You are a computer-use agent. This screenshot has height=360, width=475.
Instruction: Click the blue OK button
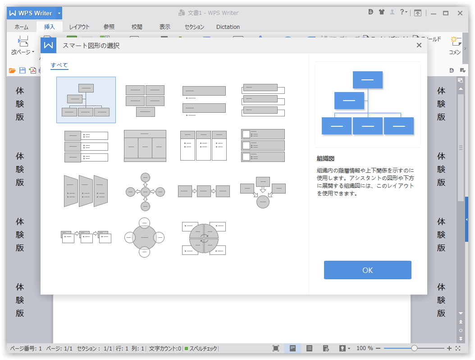tap(367, 270)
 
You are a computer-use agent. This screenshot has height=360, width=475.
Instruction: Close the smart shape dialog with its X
tap(419, 45)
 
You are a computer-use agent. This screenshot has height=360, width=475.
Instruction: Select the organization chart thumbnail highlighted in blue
tap(86, 100)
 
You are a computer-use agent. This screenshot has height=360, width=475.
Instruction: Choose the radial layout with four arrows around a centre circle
tap(145, 192)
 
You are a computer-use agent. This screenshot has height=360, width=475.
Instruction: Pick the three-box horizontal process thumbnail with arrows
tap(204, 191)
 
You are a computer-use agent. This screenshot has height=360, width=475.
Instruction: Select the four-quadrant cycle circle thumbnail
tap(204, 238)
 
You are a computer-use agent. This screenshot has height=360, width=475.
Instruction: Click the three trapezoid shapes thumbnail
tap(86, 191)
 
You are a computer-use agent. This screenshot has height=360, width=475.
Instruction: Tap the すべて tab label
tap(59, 65)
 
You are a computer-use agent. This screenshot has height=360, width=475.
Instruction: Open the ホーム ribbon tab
tap(21, 27)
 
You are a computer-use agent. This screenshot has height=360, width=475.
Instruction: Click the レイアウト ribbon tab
tap(79, 27)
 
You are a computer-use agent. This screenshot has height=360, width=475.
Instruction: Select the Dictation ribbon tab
tap(228, 27)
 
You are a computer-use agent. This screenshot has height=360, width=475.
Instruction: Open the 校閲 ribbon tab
tap(137, 27)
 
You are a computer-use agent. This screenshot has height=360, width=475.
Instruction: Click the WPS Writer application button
tap(31, 13)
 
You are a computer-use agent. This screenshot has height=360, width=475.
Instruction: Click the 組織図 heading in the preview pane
tap(325, 159)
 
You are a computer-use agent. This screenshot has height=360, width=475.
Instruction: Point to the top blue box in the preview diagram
tap(367, 80)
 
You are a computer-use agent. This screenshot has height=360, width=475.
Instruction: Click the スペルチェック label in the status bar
tap(202, 348)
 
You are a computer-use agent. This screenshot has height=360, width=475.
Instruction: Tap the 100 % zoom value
tap(365, 348)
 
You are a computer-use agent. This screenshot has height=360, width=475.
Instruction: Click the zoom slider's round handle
tap(414, 348)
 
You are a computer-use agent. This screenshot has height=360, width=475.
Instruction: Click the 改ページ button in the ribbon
tap(23, 46)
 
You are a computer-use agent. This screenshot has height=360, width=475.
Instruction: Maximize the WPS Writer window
tap(446, 13)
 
